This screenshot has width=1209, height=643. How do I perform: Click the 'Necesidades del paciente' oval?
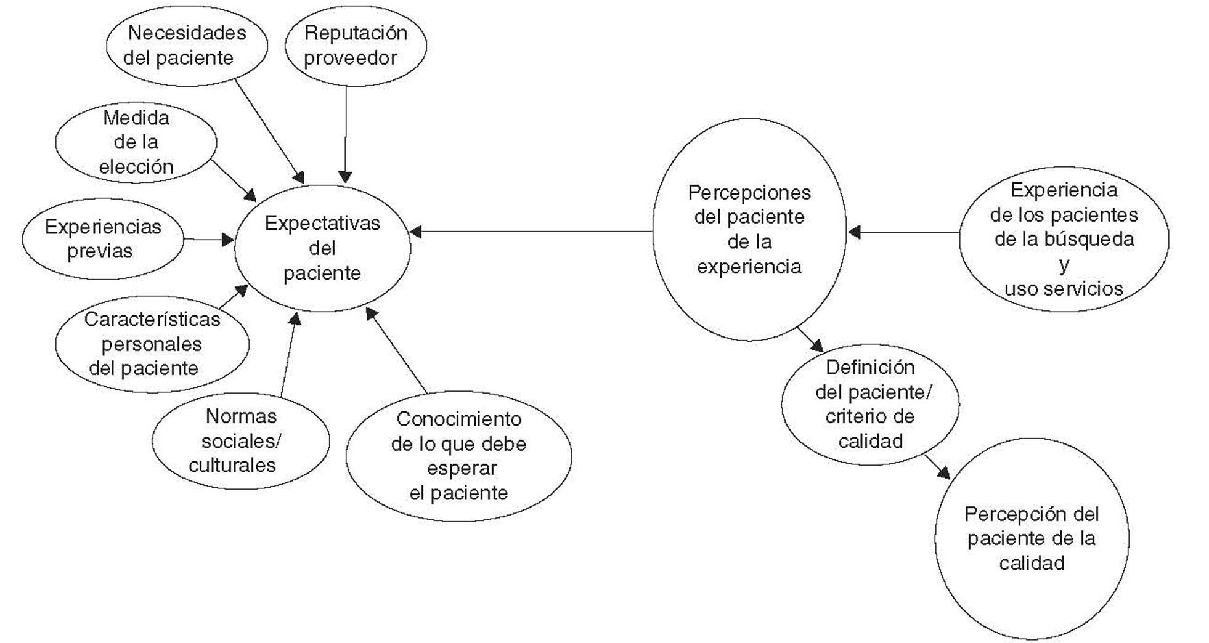pos(187,45)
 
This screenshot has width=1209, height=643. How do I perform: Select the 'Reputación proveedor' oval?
pos(355,45)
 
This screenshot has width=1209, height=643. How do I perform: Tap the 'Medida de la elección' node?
pos(136,142)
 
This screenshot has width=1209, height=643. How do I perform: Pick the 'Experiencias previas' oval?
pos(102,239)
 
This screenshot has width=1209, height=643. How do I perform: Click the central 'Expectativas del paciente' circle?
pos(322,248)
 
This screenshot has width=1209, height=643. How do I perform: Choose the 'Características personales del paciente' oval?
pos(152,344)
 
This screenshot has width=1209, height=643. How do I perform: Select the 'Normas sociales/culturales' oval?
pos(240,441)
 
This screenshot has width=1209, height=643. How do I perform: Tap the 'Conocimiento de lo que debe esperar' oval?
pos(458,456)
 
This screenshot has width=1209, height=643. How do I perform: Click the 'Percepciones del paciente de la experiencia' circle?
pos(749,230)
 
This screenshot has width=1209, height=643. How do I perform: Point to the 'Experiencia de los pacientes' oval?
pos(1064,239)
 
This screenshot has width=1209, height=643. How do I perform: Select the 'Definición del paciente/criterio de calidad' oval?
pos(870,404)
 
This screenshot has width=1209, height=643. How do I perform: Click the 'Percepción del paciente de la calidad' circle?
pos(1032,539)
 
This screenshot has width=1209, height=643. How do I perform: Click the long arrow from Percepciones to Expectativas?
pos(530,232)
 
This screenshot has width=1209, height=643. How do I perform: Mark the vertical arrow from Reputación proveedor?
pos(345,132)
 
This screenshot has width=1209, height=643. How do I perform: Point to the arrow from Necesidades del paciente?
pos(269,131)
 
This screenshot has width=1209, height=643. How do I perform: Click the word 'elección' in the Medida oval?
pos(136,167)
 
